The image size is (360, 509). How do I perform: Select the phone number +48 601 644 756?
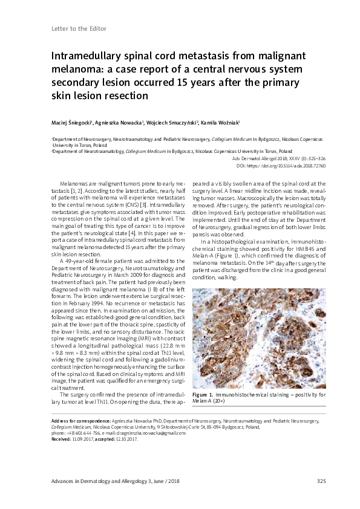click(x=83, y=433)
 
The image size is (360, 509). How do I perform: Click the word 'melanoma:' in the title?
click(x=74, y=70)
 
